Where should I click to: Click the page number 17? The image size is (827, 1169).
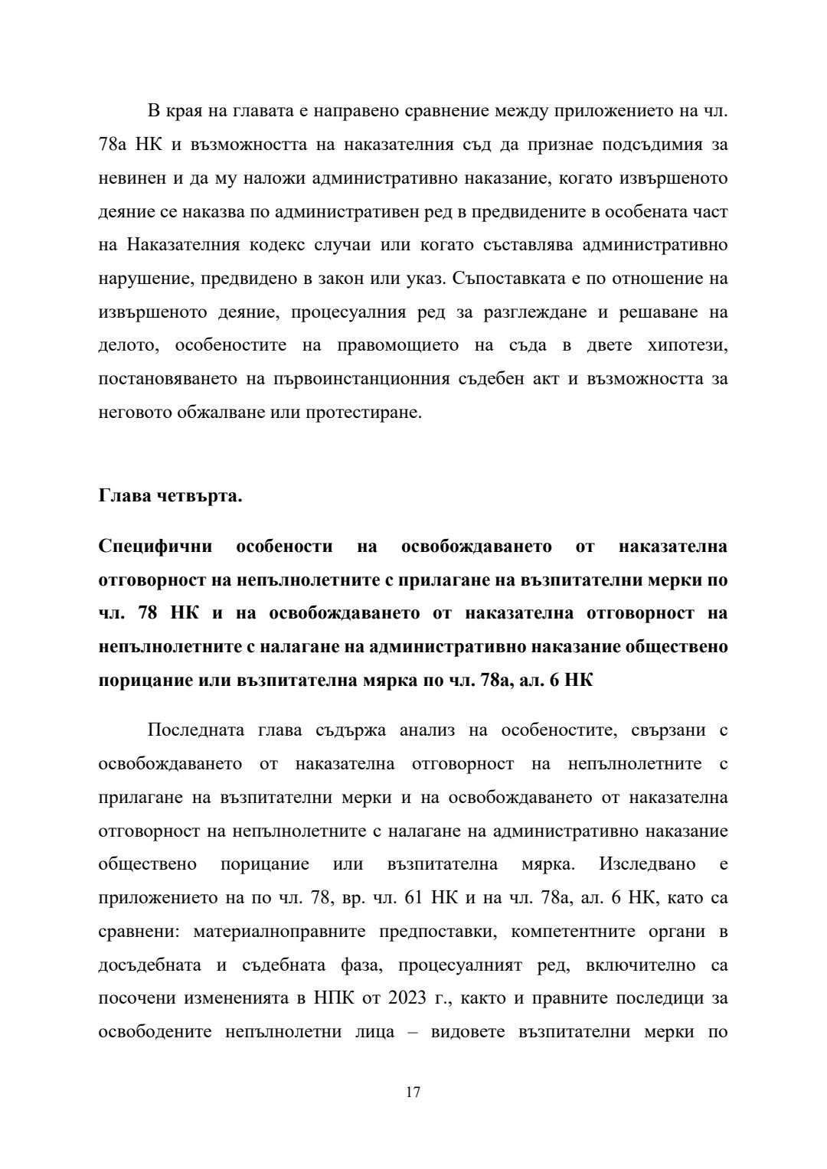[413, 1092]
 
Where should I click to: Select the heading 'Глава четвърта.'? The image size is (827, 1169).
[170, 496]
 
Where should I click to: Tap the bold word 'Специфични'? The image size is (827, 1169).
[149, 547]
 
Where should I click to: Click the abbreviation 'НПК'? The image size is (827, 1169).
[332, 998]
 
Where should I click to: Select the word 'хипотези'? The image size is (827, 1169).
[687, 345]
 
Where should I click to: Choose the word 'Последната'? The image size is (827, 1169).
[194, 730]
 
